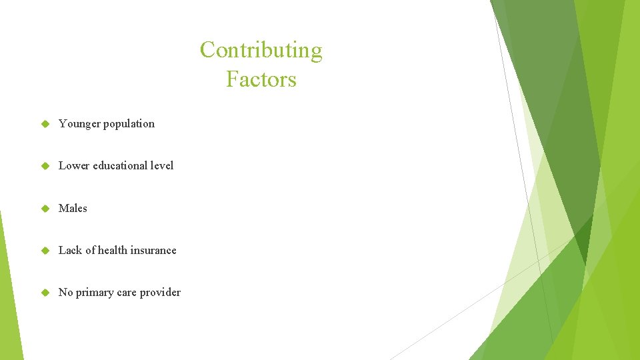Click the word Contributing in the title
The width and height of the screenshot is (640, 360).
(x=261, y=51)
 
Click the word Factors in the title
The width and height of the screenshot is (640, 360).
(x=261, y=79)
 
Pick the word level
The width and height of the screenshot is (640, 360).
(x=162, y=165)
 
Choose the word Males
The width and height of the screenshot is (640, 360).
(x=73, y=208)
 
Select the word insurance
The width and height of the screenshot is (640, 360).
(x=153, y=250)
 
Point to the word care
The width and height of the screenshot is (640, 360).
(x=127, y=292)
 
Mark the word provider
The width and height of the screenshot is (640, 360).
(x=160, y=292)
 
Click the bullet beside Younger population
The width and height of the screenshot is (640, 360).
(x=46, y=124)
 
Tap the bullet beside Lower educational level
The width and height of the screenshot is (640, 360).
(x=46, y=166)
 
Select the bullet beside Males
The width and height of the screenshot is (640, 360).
(x=46, y=209)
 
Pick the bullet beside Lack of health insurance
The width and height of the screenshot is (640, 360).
(x=46, y=251)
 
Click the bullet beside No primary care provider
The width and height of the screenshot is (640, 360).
(x=46, y=293)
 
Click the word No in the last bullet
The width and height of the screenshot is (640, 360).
(x=65, y=292)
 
